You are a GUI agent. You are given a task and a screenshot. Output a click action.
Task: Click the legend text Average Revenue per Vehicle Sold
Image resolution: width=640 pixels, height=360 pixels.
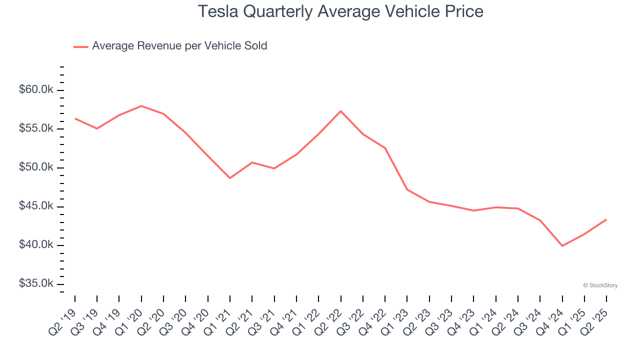click(x=179, y=46)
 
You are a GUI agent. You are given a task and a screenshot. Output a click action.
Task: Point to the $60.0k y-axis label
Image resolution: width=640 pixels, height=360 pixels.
click(x=35, y=90)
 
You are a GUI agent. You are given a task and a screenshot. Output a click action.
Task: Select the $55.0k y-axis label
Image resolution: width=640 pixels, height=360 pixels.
click(x=35, y=128)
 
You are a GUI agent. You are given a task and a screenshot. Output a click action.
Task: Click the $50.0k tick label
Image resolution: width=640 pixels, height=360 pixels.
click(x=35, y=167)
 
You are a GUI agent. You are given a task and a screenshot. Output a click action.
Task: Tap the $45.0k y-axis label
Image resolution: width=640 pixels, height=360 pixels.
click(x=35, y=206)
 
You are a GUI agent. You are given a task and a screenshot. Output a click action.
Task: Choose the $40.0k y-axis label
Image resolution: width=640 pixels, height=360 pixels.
click(x=35, y=245)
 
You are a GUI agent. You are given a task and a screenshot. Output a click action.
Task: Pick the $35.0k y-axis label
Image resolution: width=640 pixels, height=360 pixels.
click(x=35, y=283)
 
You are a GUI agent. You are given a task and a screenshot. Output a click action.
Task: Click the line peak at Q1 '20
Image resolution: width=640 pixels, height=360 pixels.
click(x=141, y=106)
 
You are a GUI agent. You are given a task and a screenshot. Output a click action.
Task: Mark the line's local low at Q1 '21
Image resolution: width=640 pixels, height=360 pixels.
click(x=230, y=178)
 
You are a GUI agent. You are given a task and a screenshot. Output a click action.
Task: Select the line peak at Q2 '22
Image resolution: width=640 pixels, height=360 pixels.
click(x=340, y=111)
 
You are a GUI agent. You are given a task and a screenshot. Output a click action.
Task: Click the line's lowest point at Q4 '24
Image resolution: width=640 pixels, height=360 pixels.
click(x=562, y=246)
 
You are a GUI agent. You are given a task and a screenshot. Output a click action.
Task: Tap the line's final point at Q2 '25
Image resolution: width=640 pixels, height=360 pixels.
click(x=606, y=219)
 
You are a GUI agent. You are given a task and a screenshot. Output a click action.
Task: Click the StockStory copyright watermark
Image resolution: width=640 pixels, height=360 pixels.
click(x=600, y=285)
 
